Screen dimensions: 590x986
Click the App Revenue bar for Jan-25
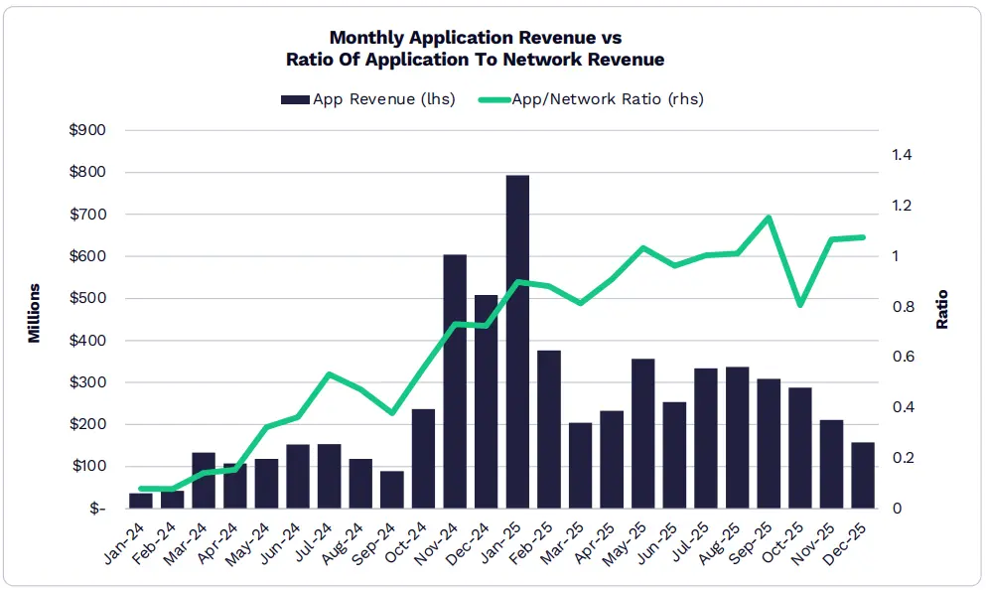(517, 342)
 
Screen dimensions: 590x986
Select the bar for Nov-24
(455, 381)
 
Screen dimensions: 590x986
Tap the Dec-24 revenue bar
(486, 401)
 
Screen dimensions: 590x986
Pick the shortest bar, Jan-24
(141, 501)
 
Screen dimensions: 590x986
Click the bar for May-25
(643, 433)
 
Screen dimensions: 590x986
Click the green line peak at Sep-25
(769, 218)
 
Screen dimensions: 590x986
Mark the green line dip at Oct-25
(800, 304)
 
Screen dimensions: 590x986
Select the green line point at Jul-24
(329, 374)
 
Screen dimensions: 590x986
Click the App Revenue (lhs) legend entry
(368, 99)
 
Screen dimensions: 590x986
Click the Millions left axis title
(35, 314)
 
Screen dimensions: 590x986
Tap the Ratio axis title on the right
(942, 310)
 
